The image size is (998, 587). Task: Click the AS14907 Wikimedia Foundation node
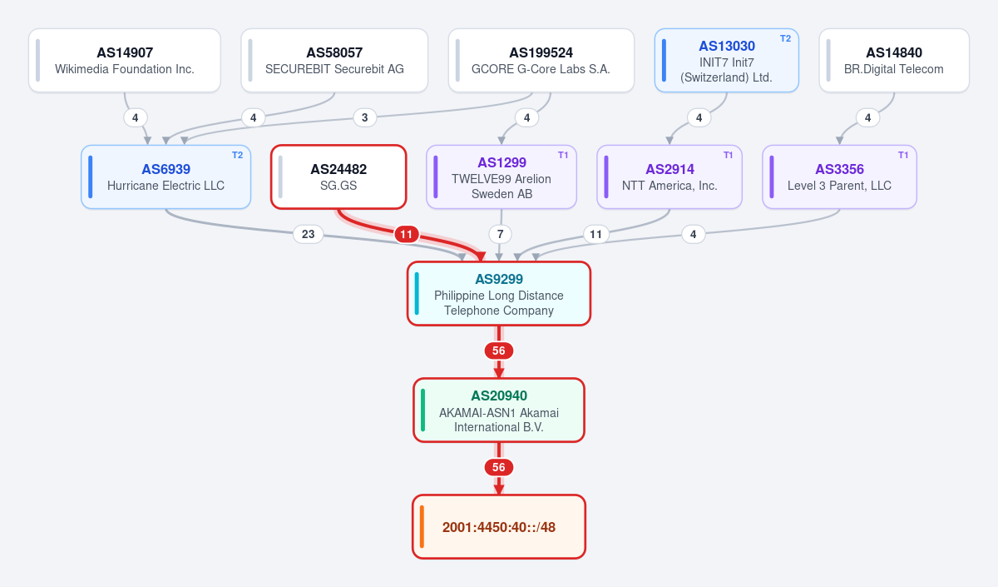[125, 61]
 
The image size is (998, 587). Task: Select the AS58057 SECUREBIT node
[334, 61]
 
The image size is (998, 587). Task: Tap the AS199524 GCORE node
[541, 61]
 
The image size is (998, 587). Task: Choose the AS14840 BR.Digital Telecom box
[894, 61]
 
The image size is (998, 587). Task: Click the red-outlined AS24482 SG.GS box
[338, 177]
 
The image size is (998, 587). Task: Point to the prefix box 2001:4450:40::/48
[499, 527]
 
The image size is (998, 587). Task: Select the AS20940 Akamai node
[499, 410]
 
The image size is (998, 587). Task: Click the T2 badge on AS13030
[785, 39]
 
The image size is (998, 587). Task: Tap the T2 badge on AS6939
[238, 155]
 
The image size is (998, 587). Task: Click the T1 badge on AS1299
[563, 155]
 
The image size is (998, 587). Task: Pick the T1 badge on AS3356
[903, 155]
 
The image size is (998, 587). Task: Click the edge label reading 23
[309, 234]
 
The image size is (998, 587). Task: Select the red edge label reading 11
[407, 234]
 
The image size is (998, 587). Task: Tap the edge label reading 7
[501, 234]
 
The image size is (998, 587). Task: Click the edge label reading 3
[365, 117]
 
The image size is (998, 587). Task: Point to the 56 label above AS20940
[499, 351]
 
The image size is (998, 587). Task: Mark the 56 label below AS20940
[499, 467]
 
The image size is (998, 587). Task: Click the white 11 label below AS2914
[596, 234]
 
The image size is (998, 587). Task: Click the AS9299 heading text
[499, 279]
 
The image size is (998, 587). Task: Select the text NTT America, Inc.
[669, 186]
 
